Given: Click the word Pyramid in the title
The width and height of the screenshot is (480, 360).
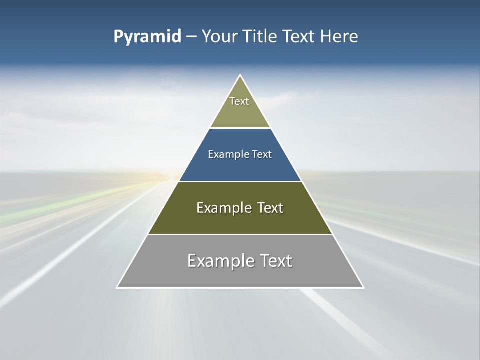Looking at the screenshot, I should click(147, 37).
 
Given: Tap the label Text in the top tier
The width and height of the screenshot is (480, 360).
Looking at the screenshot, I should click(239, 101).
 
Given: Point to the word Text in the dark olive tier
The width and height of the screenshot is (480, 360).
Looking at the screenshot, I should click(270, 208).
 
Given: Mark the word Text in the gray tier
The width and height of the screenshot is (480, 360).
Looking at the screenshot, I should click(275, 261).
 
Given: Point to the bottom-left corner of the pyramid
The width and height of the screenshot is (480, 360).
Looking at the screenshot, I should click(117, 287).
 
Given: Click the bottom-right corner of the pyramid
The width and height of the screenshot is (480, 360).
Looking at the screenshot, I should click(363, 287).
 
